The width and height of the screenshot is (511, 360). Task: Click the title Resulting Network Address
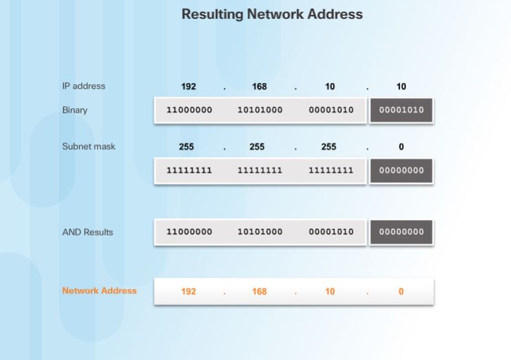[272, 14]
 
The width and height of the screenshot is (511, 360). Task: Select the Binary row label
[75, 110]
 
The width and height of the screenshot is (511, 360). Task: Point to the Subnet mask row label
[88, 147]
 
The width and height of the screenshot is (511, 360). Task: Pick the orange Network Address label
[99, 291]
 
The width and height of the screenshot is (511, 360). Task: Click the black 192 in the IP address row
[189, 87]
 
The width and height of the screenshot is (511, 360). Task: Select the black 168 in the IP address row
[259, 87]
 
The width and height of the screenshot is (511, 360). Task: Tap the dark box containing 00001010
[401, 110]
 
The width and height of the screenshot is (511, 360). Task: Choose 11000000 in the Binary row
[189, 110]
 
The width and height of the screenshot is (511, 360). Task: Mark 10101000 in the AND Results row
[260, 232]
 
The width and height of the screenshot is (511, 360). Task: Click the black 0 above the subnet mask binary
[401, 147]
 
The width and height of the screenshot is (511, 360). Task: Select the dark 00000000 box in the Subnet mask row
[401, 171]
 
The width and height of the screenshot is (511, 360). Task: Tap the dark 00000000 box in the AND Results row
[401, 232]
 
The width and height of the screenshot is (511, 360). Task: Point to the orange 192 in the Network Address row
[189, 292]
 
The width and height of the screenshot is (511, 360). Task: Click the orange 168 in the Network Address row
[259, 292]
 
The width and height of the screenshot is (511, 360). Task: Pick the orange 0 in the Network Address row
[401, 292]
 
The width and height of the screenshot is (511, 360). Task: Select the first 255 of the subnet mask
[186, 147]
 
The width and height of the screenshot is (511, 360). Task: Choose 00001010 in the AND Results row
[331, 232]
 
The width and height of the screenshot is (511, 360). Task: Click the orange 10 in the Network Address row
[330, 292]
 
